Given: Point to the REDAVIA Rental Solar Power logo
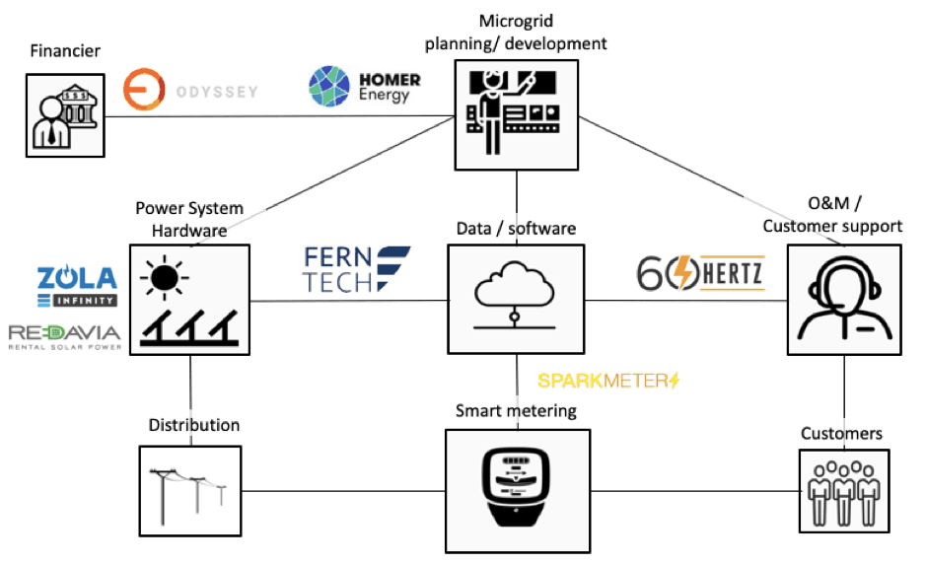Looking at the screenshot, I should point(64,336).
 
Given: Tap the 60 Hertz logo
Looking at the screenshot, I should point(699,274).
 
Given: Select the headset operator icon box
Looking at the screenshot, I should point(844,299).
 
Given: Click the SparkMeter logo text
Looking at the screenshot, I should point(608,380).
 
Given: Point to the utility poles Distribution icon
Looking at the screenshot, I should point(189,490).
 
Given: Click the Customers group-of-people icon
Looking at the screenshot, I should point(841,488).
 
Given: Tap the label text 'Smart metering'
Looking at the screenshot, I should point(516,409).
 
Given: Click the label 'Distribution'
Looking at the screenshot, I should point(193,426).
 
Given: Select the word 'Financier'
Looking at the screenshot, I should point(65,50).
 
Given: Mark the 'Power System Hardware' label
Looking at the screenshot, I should point(189,218).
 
